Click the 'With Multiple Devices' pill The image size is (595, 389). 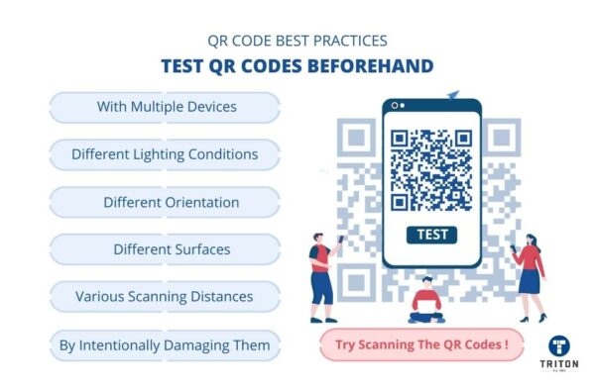pyautogui.click(x=166, y=107)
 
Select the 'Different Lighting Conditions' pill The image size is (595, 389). pyautogui.click(x=165, y=154)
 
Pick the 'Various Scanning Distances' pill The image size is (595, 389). pyautogui.click(x=165, y=296)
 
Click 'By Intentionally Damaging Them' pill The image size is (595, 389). pyautogui.click(x=165, y=344)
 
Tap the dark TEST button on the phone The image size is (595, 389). pyautogui.click(x=431, y=236)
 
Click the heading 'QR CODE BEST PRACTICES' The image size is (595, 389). pyautogui.click(x=297, y=42)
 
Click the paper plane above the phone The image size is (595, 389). pyautogui.click(x=453, y=95)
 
